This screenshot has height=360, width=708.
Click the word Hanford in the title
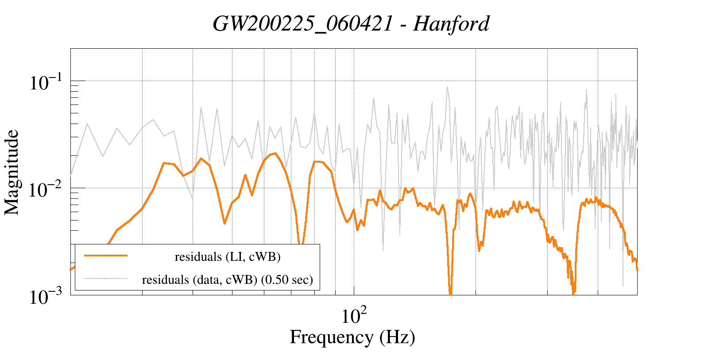pyautogui.click(x=451, y=24)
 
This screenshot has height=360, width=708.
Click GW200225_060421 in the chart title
pyautogui.click(x=303, y=24)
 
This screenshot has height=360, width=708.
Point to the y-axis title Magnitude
pyautogui.click(x=12, y=172)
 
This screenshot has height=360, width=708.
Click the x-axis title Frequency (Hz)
pyautogui.click(x=352, y=337)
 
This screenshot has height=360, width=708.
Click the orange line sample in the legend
pyautogui.click(x=106, y=255)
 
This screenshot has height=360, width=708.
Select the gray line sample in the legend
pyautogui.click(x=106, y=279)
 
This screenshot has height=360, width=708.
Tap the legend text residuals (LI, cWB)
pyautogui.click(x=228, y=256)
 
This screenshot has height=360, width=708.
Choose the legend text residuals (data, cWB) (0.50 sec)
pyautogui.click(x=228, y=279)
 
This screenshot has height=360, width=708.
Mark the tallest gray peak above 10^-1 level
pyautogui.click(x=447, y=87)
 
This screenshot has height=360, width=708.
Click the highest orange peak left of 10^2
pyautogui.click(x=275, y=153)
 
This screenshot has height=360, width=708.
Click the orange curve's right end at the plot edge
pyautogui.click(x=637, y=269)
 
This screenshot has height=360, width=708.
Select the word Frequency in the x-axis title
pyautogui.click(x=331, y=337)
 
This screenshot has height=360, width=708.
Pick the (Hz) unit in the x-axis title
pyautogui.click(x=397, y=337)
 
